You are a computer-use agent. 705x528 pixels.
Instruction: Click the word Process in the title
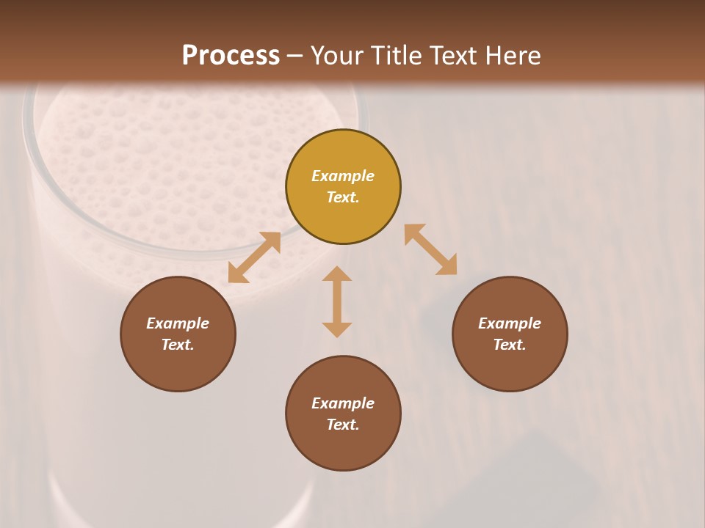[x=231, y=56]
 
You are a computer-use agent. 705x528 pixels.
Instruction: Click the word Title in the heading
[x=396, y=56]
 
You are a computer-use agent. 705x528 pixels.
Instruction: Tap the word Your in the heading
[x=337, y=56]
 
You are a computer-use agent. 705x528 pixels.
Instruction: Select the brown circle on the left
[x=178, y=367]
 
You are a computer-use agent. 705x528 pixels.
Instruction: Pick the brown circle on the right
[x=510, y=367]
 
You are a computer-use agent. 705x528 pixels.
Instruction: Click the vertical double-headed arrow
[x=337, y=301]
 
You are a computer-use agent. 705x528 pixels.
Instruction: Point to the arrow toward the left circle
[x=254, y=257]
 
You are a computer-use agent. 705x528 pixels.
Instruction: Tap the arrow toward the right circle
[x=431, y=249]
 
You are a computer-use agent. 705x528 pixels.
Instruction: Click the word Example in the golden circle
[x=343, y=176]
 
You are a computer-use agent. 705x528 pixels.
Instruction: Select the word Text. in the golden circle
[x=343, y=197]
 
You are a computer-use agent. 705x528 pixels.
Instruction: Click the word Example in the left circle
[x=178, y=323]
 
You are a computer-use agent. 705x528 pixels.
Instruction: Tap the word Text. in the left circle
[x=178, y=345]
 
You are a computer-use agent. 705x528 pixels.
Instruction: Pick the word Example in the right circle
[x=510, y=323]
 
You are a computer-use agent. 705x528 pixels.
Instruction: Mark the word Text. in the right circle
[x=510, y=345]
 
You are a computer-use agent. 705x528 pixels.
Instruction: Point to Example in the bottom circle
[x=343, y=403]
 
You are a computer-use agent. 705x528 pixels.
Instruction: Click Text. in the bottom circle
[x=343, y=425]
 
